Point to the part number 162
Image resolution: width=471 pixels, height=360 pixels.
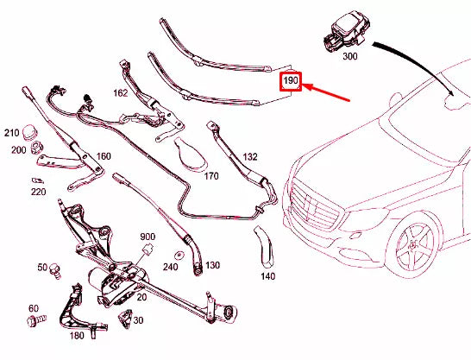point(119,91)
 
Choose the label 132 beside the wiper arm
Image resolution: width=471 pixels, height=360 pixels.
point(249,157)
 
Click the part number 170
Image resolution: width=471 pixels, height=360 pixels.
point(211,175)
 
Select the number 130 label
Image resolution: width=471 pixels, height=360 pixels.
point(213,265)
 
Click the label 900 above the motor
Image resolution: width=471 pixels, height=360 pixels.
point(148,237)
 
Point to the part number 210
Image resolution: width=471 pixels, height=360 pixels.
point(11,133)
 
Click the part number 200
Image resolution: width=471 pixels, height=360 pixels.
point(19,149)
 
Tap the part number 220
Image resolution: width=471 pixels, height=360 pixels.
point(38,192)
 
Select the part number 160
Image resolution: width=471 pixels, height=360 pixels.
point(104,156)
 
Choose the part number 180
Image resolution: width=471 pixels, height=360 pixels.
point(76,336)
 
